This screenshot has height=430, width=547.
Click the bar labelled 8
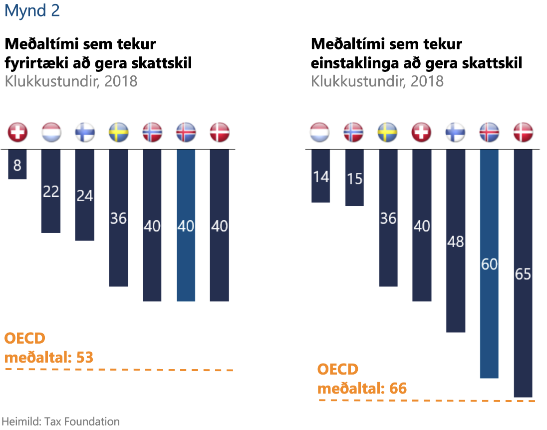(17, 164)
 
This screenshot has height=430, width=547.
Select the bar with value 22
(51, 191)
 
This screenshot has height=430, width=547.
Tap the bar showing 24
(84, 195)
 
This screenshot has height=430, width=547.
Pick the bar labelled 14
(320, 176)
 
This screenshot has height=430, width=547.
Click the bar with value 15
(354, 178)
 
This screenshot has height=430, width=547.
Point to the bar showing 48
(456, 241)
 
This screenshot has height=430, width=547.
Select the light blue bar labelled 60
(489, 264)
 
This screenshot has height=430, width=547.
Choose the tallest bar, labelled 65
(523, 273)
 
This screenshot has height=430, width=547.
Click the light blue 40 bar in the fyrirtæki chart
(186, 225)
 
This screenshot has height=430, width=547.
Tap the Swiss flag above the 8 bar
(17, 133)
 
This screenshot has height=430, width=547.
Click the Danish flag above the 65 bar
(523, 133)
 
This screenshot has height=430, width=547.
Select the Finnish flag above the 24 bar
(84, 133)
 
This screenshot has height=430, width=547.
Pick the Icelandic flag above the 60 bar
(489, 133)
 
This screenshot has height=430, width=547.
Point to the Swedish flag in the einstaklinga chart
(388, 133)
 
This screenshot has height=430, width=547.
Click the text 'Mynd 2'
(32, 11)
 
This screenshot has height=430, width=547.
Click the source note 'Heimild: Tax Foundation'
(61, 421)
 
